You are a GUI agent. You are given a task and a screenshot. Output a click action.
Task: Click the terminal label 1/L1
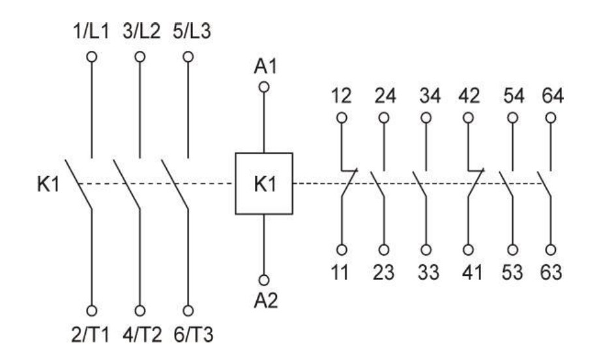point(91,31)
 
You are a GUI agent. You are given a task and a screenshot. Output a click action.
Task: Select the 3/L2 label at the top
point(141,31)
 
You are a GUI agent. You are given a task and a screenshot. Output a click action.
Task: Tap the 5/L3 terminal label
point(192,31)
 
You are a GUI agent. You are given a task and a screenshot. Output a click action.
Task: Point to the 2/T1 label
point(90,335)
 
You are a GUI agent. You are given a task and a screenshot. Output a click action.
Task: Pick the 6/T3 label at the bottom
point(194,335)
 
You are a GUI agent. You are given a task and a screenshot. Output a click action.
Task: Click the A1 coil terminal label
point(265,67)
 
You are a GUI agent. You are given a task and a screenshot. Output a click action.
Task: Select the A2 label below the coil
point(266,300)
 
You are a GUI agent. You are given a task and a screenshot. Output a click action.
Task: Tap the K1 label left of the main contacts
point(48,185)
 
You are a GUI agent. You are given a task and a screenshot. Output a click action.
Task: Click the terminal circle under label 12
point(342,118)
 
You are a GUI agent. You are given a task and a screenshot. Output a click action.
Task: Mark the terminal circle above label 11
point(342,250)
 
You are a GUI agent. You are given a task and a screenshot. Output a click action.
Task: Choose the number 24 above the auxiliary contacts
point(385,96)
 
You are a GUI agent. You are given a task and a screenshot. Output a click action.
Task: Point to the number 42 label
point(469,96)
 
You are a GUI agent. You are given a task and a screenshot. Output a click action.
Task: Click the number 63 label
point(551,273)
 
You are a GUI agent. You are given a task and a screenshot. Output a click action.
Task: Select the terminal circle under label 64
point(551,118)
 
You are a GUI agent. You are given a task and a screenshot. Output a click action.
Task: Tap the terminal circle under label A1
point(264,87)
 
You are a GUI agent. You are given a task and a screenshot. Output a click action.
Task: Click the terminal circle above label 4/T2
point(140,311)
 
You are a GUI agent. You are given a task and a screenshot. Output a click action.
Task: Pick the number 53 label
point(512,273)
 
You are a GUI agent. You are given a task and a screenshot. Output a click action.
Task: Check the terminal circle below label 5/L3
point(188,57)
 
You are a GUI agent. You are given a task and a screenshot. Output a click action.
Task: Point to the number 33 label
point(428,273)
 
